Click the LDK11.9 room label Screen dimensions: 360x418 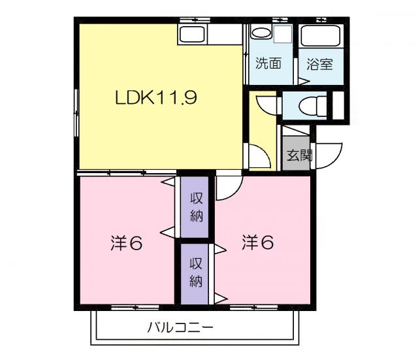tap(156, 99)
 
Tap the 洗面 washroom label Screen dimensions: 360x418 tap(268, 64)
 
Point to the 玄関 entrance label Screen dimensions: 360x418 tap(299, 155)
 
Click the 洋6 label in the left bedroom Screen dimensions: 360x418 tap(125, 243)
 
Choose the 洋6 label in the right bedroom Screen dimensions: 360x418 tap(257, 242)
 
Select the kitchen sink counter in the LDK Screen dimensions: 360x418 tap(193, 35)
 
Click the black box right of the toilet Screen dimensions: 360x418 tap(338, 105)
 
